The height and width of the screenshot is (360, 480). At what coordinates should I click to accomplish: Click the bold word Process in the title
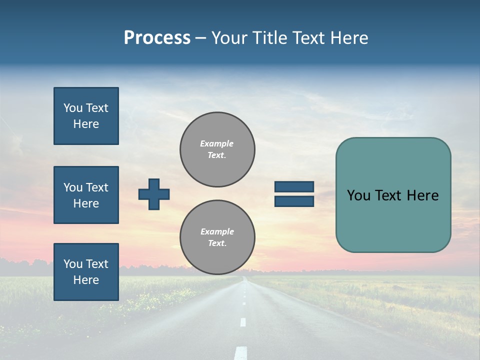[x=157, y=38]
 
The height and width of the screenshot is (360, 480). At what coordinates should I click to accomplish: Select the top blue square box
[x=86, y=116]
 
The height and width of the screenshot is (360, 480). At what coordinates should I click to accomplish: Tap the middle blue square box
[x=86, y=195]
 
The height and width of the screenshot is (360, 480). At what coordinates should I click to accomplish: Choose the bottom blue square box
[x=86, y=272]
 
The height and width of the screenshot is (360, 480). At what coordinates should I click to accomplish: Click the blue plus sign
[x=154, y=194]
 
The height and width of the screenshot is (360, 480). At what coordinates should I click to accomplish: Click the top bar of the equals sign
[x=294, y=187]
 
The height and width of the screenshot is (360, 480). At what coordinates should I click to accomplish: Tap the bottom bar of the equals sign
[x=294, y=201]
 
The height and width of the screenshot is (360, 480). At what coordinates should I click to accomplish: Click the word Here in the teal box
[x=422, y=195]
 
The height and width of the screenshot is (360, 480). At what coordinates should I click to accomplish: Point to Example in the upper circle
[x=216, y=143]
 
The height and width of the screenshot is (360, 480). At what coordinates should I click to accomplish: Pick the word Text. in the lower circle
[x=217, y=243]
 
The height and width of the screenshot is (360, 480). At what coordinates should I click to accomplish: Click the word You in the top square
[x=72, y=108]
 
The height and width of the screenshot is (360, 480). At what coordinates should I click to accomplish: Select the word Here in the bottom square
[x=86, y=280]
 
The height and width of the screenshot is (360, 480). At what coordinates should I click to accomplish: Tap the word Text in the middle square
[x=97, y=187]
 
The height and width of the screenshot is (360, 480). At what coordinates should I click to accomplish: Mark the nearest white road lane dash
[x=241, y=352]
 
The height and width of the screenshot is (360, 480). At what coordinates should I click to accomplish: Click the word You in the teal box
[x=359, y=195]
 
